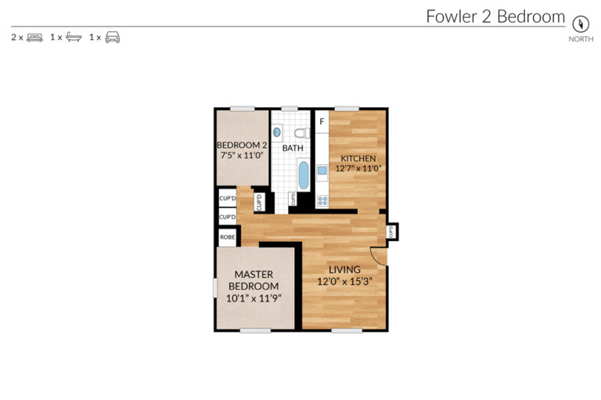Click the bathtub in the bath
point(303,175)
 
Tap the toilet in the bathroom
point(302,132)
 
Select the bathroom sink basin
point(278,133)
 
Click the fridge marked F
point(321,121)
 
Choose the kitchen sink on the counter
point(321,169)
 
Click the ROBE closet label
point(227,236)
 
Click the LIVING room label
point(344,270)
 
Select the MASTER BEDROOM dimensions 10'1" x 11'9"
point(253,298)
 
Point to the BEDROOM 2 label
point(242,145)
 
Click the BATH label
point(293,148)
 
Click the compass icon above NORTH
point(580,23)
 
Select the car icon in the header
point(113,37)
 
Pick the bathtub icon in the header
point(74,37)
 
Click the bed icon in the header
point(34,37)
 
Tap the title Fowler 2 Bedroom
point(495,16)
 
